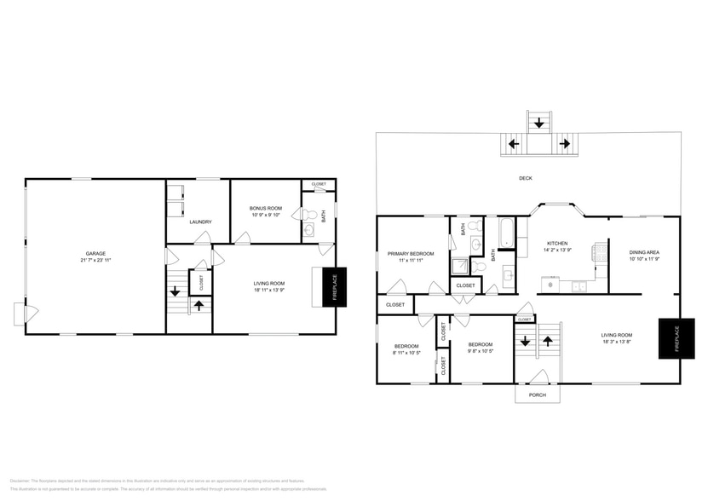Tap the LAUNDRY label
(200, 222)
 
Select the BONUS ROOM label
(265, 208)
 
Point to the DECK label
(526, 178)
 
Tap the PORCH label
(538, 394)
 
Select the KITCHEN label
(557, 243)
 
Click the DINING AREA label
(644, 252)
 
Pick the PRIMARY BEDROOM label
(411, 253)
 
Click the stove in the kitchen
(602, 251)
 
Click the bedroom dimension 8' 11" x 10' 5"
(406, 352)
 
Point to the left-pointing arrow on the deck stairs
(514, 144)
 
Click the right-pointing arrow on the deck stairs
(563, 144)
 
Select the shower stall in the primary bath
(460, 265)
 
